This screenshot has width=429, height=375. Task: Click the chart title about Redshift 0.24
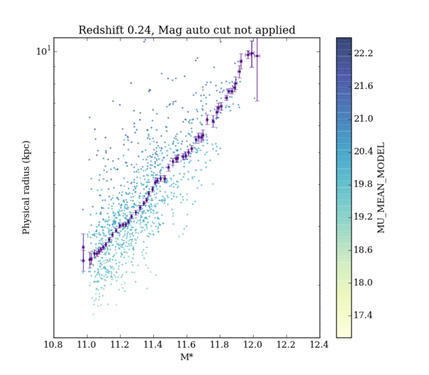point(187,30)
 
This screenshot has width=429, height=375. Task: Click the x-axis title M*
point(187,358)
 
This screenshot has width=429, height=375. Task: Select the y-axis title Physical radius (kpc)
point(27,188)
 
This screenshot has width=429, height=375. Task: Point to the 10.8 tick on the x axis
point(54,346)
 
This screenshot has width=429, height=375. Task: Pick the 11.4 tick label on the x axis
point(153,346)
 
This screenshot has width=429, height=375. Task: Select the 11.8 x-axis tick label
point(220,346)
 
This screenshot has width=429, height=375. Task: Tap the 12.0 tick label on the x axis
point(253,346)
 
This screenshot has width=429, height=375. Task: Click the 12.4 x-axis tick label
point(319,346)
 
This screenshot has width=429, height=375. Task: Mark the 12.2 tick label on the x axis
point(286,346)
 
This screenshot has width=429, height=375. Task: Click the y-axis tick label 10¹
point(42,51)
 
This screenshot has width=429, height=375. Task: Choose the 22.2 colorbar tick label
point(366,53)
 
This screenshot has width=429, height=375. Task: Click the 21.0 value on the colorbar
point(366,119)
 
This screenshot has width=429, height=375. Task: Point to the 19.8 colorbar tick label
point(366,184)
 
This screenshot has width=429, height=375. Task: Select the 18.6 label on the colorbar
point(366,250)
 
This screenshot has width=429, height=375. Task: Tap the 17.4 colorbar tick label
point(366,316)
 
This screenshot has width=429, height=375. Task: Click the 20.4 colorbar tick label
point(366,152)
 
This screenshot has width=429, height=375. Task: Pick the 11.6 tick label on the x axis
point(187,346)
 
